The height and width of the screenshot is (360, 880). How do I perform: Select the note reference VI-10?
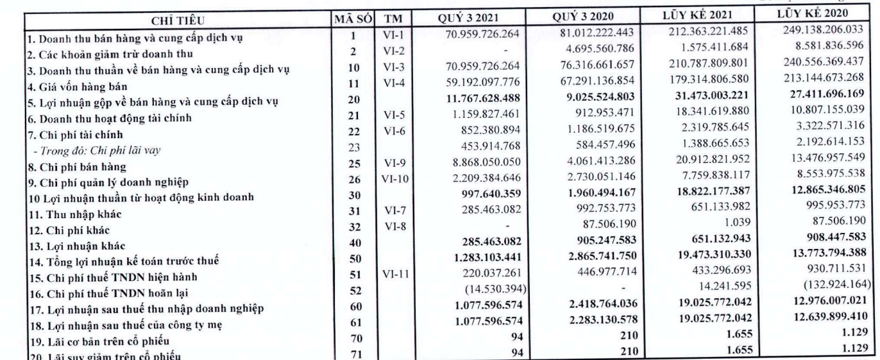pos(391,184)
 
